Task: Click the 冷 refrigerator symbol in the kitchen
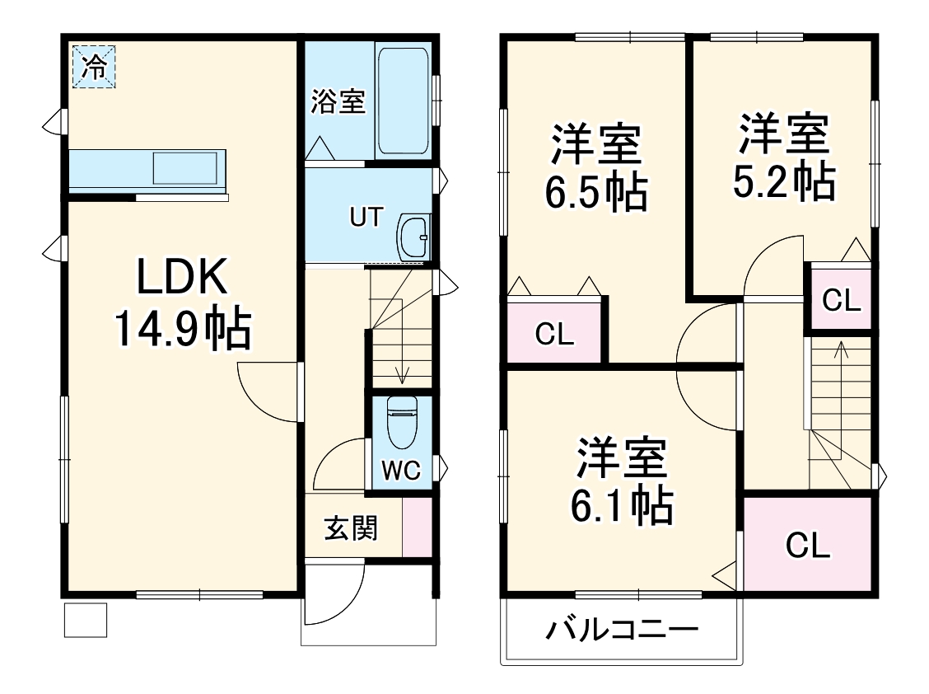[94, 66]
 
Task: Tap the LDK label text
[181, 279]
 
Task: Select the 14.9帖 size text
[181, 328]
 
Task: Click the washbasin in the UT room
[413, 237]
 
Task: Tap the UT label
[366, 218]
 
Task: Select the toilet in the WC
[402, 421]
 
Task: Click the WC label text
[401, 471]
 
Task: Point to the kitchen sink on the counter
[189, 168]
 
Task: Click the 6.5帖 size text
[595, 192]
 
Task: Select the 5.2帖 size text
[783, 182]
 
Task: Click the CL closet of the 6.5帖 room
[553, 334]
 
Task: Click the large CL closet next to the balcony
[808, 545]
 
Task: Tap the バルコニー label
[623, 632]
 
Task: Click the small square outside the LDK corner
[86, 620]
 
